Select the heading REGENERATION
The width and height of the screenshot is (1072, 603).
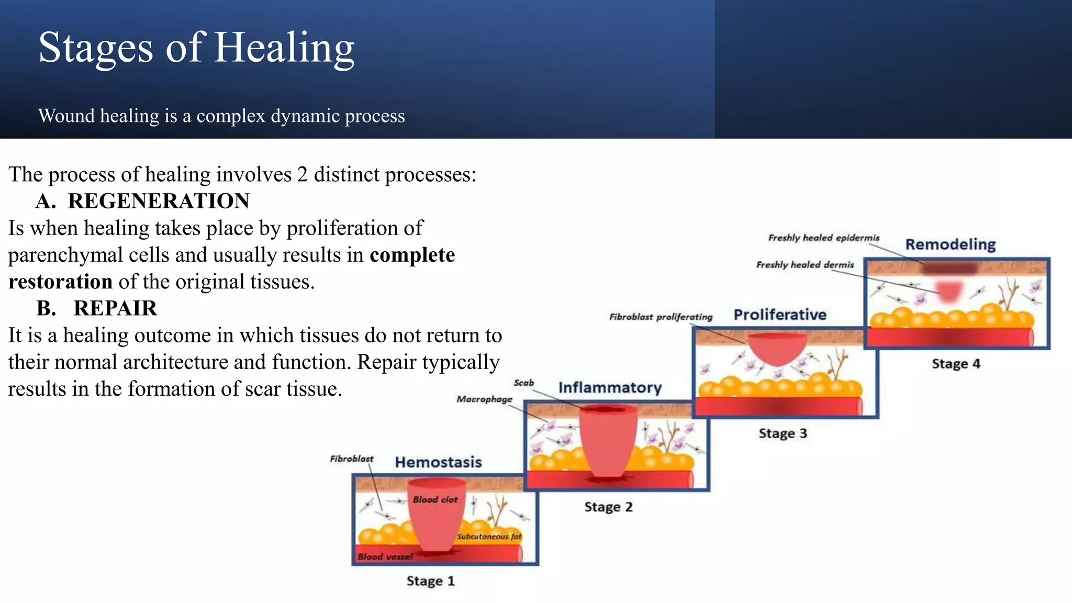click(159, 202)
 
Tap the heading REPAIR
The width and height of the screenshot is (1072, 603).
click(115, 309)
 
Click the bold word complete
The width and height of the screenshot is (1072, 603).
click(412, 255)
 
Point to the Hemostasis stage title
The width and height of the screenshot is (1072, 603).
click(438, 462)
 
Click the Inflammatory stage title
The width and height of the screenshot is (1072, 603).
click(610, 388)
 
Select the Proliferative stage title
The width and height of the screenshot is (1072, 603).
click(780, 315)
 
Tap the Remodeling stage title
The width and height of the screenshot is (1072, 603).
click(951, 244)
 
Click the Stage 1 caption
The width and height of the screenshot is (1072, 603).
click(430, 581)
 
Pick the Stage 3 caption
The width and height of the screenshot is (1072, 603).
click(783, 433)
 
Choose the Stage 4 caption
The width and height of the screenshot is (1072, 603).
click(956, 364)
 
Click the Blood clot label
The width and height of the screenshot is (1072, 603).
click(435, 500)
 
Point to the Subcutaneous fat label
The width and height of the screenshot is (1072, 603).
click(489, 537)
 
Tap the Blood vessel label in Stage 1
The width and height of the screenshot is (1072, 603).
click(385, 557)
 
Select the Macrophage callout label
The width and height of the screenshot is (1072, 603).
click(484, 399)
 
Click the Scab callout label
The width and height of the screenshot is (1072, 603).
click(523, 383)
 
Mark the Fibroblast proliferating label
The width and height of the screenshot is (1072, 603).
click(661, 317)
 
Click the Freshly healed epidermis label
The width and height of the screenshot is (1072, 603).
click(823, 238)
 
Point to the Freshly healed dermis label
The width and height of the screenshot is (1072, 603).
click(805, 265)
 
